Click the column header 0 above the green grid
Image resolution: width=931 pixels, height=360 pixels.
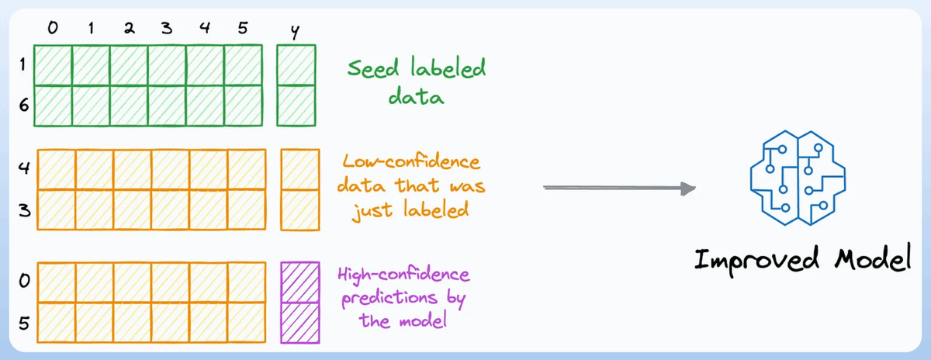point(53,29)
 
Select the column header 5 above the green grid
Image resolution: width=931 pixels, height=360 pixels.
point(244,29)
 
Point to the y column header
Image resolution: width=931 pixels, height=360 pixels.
point(296,32)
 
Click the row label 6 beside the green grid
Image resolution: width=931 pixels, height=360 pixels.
point(22,105)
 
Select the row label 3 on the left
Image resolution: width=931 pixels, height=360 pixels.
point(22,211)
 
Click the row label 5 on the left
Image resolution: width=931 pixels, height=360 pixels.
point(22,324)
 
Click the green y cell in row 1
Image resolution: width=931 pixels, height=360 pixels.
point(298,64)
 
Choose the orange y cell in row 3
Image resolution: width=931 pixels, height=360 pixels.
point(299,209)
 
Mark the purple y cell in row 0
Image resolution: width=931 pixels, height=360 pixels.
point(299,282)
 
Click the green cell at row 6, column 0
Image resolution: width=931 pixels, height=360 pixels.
point(53,105)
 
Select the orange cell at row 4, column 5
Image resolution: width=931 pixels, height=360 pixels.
point(247,169)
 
